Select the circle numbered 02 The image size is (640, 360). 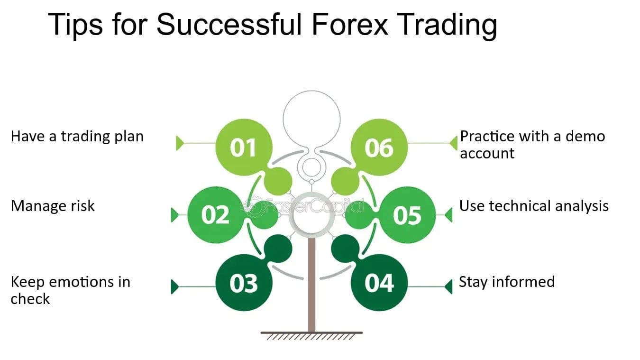216,215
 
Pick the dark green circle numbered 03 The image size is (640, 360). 244,283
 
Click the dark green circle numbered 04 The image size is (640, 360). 379,283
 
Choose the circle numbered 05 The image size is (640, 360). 407,215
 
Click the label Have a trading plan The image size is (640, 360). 77,137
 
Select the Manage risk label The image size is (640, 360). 53,206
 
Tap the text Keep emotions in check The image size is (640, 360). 70,290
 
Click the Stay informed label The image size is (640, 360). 506,282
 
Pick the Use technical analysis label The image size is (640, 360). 534,206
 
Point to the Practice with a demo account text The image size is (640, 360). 532,145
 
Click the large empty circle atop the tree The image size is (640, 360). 311,117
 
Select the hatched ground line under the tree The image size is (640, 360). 311,335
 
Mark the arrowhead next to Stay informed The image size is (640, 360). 448,286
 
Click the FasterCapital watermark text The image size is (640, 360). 313,206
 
